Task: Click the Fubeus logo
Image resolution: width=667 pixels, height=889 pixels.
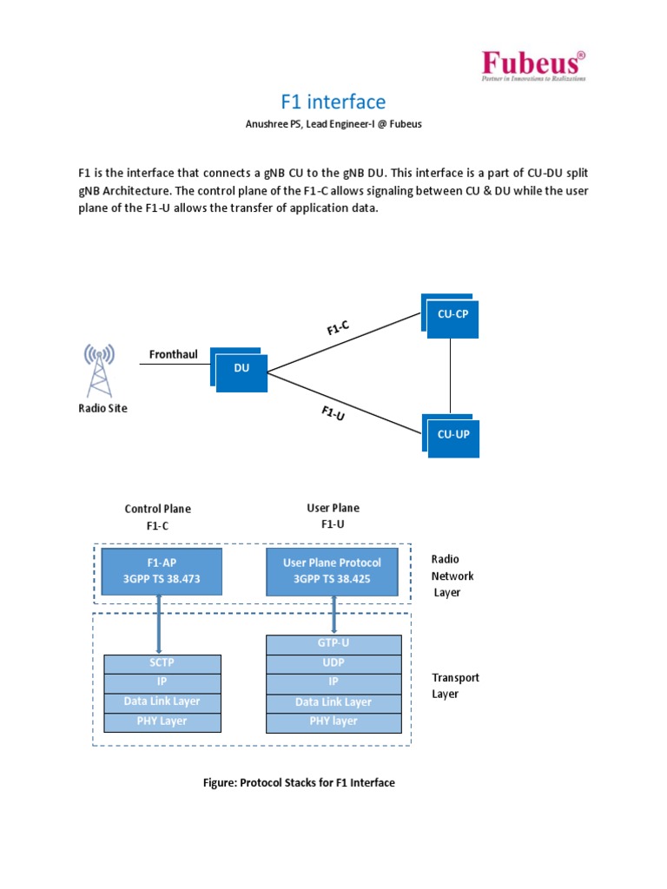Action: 533,66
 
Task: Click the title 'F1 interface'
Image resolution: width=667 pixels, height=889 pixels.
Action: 333,102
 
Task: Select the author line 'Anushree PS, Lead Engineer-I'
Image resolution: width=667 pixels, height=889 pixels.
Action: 333,124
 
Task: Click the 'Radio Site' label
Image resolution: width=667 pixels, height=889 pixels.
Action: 102,408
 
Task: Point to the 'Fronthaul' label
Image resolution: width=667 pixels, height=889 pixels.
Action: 175,354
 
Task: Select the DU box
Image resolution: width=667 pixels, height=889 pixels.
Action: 242,368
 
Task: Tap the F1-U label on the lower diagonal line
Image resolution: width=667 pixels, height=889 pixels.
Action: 333,413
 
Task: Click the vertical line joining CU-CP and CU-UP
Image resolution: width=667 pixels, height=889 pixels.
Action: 450,375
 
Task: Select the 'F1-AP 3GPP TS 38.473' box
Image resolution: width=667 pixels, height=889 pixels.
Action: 162,570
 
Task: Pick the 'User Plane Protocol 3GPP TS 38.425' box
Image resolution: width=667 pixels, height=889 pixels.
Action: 332,570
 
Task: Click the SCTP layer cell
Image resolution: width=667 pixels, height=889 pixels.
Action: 162,663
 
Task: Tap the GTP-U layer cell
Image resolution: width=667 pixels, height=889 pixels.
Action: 333,643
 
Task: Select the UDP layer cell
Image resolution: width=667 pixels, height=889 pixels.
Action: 333,662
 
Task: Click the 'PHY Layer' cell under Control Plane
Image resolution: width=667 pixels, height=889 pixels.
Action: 162,721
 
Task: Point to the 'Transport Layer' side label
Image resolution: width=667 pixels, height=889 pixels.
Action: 455,686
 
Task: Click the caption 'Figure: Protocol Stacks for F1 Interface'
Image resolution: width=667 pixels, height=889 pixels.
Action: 299,783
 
